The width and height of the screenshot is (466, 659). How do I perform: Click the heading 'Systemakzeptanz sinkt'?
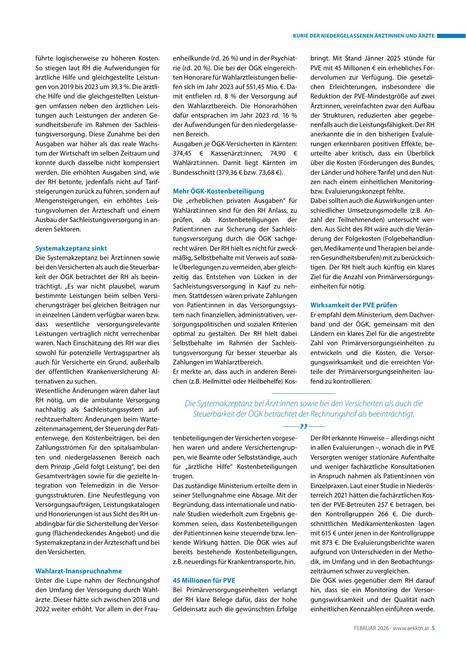pos(71,248)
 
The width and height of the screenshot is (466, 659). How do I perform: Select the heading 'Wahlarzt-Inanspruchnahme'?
pos(78,571)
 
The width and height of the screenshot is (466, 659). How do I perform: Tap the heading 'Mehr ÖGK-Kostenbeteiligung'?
pos(219,191)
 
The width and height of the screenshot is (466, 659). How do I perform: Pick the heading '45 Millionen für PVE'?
pos(204,580)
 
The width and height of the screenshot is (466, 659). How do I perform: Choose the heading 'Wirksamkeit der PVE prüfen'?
pos(354,305)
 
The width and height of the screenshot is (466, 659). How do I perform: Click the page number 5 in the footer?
pos(433,628)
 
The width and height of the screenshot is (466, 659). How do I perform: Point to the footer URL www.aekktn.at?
pos(411,628)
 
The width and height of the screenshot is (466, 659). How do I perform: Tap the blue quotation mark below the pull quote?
pos(303,426)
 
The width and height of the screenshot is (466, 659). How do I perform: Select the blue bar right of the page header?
pos(451,36)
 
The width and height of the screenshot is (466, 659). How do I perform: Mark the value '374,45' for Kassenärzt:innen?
pos(182,153)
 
